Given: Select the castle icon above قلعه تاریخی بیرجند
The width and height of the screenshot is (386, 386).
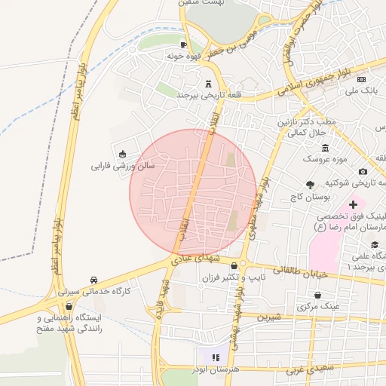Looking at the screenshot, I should pyautogui.click(x=208, y=84).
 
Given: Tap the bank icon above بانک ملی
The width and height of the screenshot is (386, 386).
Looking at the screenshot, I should pyautogui.click(x=361, y=79).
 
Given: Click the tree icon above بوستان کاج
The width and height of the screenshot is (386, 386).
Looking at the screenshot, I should pyautogui.click(x=310, y=185).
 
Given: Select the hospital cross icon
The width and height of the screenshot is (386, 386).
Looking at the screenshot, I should pyautogui.click(x=353, y=204).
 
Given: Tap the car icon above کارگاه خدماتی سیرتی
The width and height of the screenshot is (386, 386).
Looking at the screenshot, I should pyautogui.click(x=93, y=280).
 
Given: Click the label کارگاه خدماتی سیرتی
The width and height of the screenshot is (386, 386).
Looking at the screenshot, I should pyautogui.click(x=95, y=291).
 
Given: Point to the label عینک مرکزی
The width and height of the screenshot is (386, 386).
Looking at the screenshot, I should pyautogui.click(x=319, y=307).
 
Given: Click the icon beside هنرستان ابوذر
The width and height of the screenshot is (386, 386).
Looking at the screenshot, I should pyautogui.click(x=215, y=357).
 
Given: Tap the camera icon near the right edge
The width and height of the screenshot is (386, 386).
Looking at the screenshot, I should pyautogui.click(x=363, y=171).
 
